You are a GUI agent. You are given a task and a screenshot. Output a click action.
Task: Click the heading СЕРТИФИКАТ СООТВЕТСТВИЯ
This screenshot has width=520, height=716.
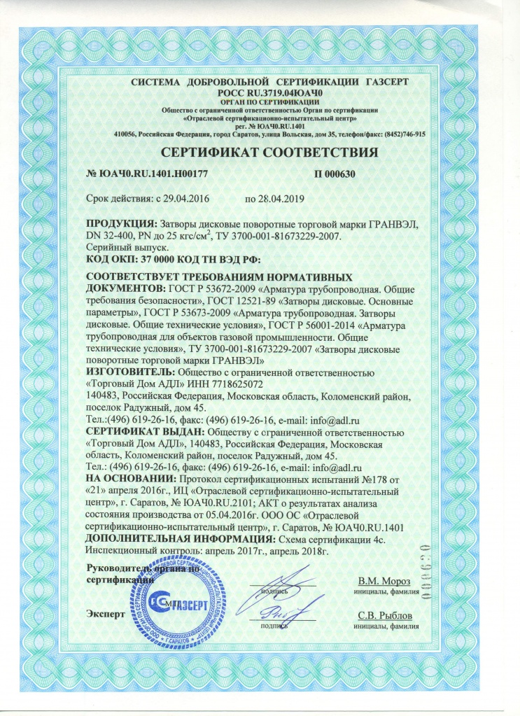click(260, 152)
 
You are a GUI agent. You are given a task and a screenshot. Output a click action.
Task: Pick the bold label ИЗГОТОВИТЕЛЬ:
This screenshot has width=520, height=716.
click(130, 372)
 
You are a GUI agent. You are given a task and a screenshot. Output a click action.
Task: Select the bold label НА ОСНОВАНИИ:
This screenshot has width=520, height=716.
click(127, 479)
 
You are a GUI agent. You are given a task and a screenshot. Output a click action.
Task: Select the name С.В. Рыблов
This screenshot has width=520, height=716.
click(386, 615)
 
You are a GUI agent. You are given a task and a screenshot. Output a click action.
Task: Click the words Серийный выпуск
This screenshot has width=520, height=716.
click(119, 248)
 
